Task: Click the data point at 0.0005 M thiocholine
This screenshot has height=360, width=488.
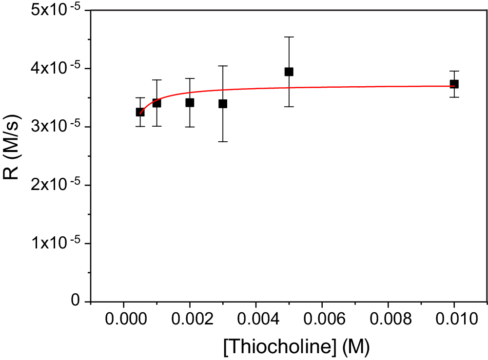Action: (x=140, y=112)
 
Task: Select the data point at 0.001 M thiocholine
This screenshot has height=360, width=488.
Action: (x=156, y=103)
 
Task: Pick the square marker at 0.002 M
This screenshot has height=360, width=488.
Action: (x=190, y=102)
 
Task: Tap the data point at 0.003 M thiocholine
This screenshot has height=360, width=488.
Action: (x=223, y=104)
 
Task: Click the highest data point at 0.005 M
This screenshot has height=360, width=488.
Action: (x=289, y=72)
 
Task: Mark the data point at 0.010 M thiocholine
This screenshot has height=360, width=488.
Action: (x=454, y=84)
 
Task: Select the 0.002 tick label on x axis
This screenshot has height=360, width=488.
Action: (x=190, y=320)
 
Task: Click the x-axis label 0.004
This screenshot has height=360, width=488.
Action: (x=256, y=320)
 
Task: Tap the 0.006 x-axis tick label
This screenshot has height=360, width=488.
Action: (x=322, y=320)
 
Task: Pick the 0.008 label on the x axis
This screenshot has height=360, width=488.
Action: (x=388, y=320)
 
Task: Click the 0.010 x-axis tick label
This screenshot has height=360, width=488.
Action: (x=454, y=320)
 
